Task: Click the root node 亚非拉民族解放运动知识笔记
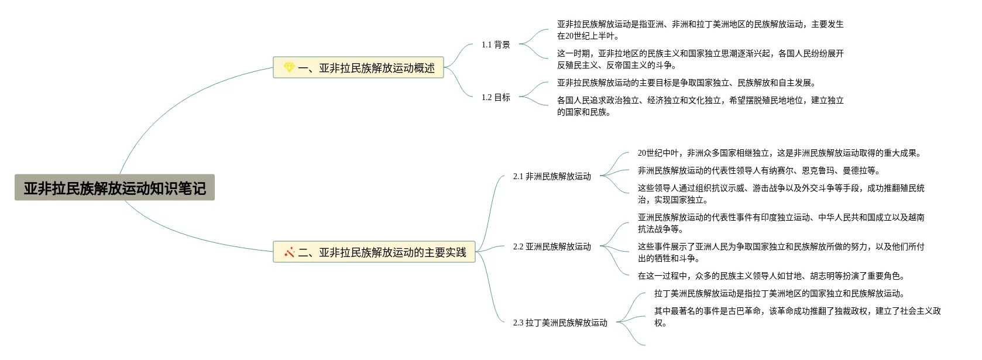(x=115, y=188)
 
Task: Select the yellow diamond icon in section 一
(x=289, y=68)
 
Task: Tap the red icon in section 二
(x=289, y=252)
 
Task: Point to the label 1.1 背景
(x=496, y=44)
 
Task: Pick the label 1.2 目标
(x=496, y=97)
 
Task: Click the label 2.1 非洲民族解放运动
(x=552, y=176)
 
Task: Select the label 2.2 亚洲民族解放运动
(x=552, y=246)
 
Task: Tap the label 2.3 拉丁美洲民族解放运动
(x=560, y=323)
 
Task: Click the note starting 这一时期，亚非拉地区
(x=700, y=59)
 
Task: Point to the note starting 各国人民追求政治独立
(x=700, y=106)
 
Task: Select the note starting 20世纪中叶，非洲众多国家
(x=780, y=153)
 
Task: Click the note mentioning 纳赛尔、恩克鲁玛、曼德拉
(x=758, y=170)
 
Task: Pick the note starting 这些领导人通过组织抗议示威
(x=781, y=194)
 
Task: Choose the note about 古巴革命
(x=797, y=317)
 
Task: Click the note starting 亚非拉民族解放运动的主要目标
(x=686, y=83)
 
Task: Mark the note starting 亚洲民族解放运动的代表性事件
(x=781, y=223)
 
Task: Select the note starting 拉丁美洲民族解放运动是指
(x=780, y=293)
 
